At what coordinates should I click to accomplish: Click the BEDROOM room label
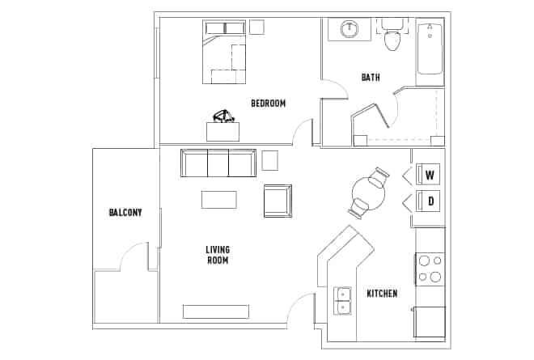(x=268, y=103)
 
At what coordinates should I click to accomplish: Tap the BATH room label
(x=371, y=78)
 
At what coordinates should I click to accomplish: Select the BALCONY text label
(x=125, y=213)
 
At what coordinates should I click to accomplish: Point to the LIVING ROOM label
(x=217, y=255)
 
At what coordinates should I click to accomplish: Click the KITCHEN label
(x=382, y=293)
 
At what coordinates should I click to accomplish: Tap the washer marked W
(x=430, y=175)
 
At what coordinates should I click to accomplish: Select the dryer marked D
(x=430, y=201)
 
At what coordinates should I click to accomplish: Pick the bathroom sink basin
(x=350, y=30)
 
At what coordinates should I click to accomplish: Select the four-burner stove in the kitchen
(x=430, y=269)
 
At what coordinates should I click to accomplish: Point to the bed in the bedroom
(x=224, y=53)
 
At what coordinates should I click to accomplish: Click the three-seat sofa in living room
(x=218, y=163)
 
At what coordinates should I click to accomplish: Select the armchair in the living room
(x=278, y=201)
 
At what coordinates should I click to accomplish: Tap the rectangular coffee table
(x=218, y=199)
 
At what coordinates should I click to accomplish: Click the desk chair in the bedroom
(x=223, y=117)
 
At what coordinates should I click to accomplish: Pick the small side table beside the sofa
(x=269, y=159)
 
